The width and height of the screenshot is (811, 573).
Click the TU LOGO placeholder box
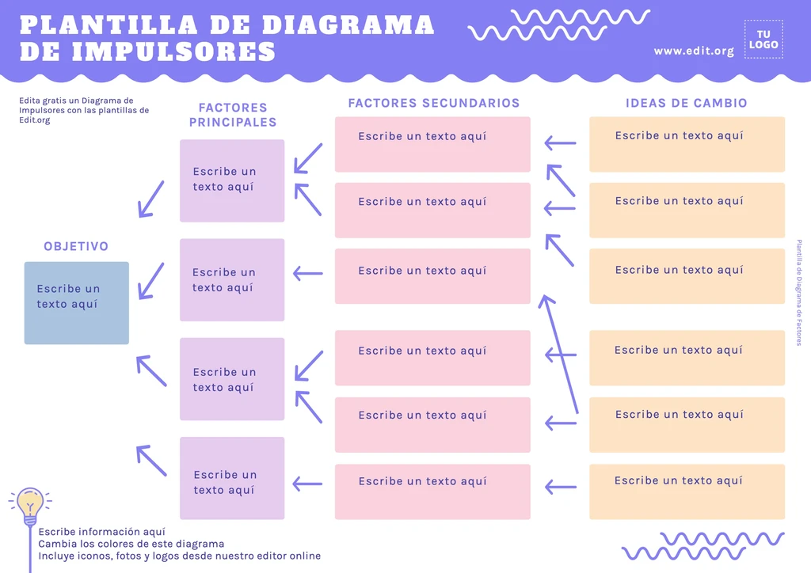pyautogui.click(x=763, y=39)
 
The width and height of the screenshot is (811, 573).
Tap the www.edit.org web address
pyautogui.click(x=694, y=51)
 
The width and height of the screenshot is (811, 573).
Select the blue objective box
pyautogui.click(x=76, y=302)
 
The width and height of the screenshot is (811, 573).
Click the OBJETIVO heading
pyautogui.click(x=76, y=247)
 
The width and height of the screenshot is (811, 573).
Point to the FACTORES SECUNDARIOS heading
pyautogui.click(x=433, y=103)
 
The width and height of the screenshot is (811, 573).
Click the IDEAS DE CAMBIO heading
pyautogui.click(x=686, y=103)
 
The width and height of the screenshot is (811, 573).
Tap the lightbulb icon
pyautogui.click(x=30, y=504)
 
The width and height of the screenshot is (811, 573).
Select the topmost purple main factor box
pyautogui.click(x=232, y=180)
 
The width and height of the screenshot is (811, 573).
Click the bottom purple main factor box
pyautogui.click(x=232, y=478)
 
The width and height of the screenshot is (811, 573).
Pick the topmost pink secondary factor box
pyautogui.click(x=432, y=144)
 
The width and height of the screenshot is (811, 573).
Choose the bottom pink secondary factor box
pyautogui.click(x=432, y=491)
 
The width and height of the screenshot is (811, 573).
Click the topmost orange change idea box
pyautogui.click(x=687, y=144)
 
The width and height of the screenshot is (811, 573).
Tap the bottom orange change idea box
pyautogui.click(x=687, y=491)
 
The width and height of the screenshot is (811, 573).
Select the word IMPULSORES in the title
pyautogui.click(x=173, y=51)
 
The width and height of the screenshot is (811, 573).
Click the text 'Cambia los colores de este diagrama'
pyautogui.click(x=131, y=544)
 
